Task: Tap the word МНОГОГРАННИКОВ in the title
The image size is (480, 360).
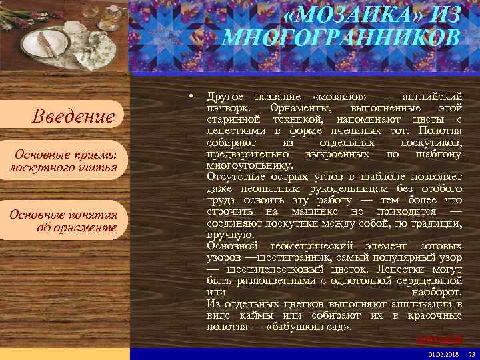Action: click(341, 37)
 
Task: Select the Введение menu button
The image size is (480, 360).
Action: click(73, 117)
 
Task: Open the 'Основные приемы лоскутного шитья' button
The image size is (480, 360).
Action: click(63, 161)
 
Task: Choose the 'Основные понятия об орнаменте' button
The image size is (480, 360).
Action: click(63, 221)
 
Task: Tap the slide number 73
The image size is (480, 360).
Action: click(471, 353)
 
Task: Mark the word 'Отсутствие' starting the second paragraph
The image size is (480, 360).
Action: click(235, 176)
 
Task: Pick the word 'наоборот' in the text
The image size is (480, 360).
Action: click(437, 292)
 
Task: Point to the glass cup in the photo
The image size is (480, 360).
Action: click(112, 15)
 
